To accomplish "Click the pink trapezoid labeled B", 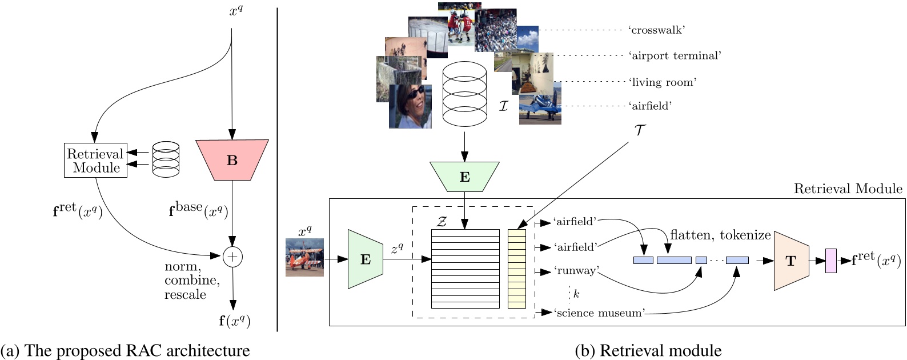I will pos(232,161).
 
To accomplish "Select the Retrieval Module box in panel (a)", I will pos(95,161).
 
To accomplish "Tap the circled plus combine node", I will pos(232,257).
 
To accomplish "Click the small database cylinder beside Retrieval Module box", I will pos(166,159).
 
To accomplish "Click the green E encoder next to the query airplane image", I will pos(365,259).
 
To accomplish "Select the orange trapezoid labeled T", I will pos(791,261).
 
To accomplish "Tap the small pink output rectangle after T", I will pos(830,261).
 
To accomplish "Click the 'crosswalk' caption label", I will pos(656,30).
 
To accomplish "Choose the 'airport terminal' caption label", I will pos(675,56).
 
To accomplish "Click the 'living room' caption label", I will pos(663,82).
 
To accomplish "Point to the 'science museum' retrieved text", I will pos(599,313).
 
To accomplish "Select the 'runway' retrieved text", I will pos(575,270).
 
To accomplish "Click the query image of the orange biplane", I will pos(304,258).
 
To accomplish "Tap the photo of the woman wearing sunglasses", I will pos(410,107).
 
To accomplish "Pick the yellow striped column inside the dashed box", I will pos(516,269).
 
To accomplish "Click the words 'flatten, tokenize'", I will pos(720,235).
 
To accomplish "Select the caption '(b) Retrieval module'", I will pos(648,350).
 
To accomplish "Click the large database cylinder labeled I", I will pos(464,94).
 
